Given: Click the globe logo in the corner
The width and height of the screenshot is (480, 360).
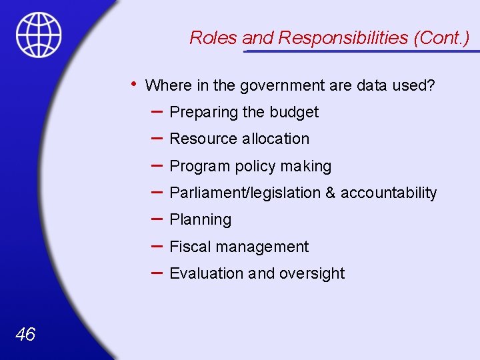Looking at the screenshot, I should [39, 34].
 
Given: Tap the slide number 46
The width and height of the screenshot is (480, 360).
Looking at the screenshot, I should [25, 335].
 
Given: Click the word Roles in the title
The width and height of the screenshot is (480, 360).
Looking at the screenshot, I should [214, 38].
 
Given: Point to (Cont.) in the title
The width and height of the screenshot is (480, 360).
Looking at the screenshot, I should [441, 38].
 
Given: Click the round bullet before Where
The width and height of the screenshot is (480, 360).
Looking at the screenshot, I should [134, 84].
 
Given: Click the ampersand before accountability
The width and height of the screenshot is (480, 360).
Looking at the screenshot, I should [331, 193].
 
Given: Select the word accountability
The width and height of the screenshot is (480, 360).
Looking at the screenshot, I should [389, 193].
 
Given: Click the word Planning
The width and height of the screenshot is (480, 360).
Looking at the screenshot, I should [201, 220].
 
